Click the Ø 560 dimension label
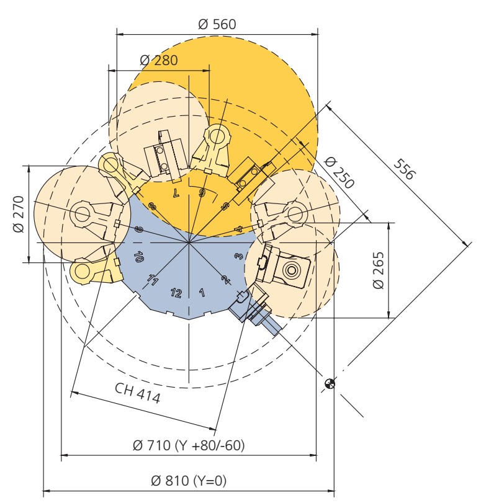pyautogui.click(x=217, y=24)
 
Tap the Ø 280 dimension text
pyautogui.click(x=159, y=60)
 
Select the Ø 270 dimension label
pyautogui.click(x=19, y=214)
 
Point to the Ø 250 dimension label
pyautogui.click(x=339, y=172)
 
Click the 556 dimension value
pyautogui.click(x=405, y=169)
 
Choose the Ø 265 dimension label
pyautogui.click(x=379, y=270)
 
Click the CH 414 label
pyautogui.click(x=137, y=393)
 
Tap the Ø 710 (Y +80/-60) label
pyautogui.click(x=189, y=445)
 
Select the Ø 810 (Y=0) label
pyautogui.click(x=189, y=481)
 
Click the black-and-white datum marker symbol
pyautogui.click(x=330, y=384)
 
